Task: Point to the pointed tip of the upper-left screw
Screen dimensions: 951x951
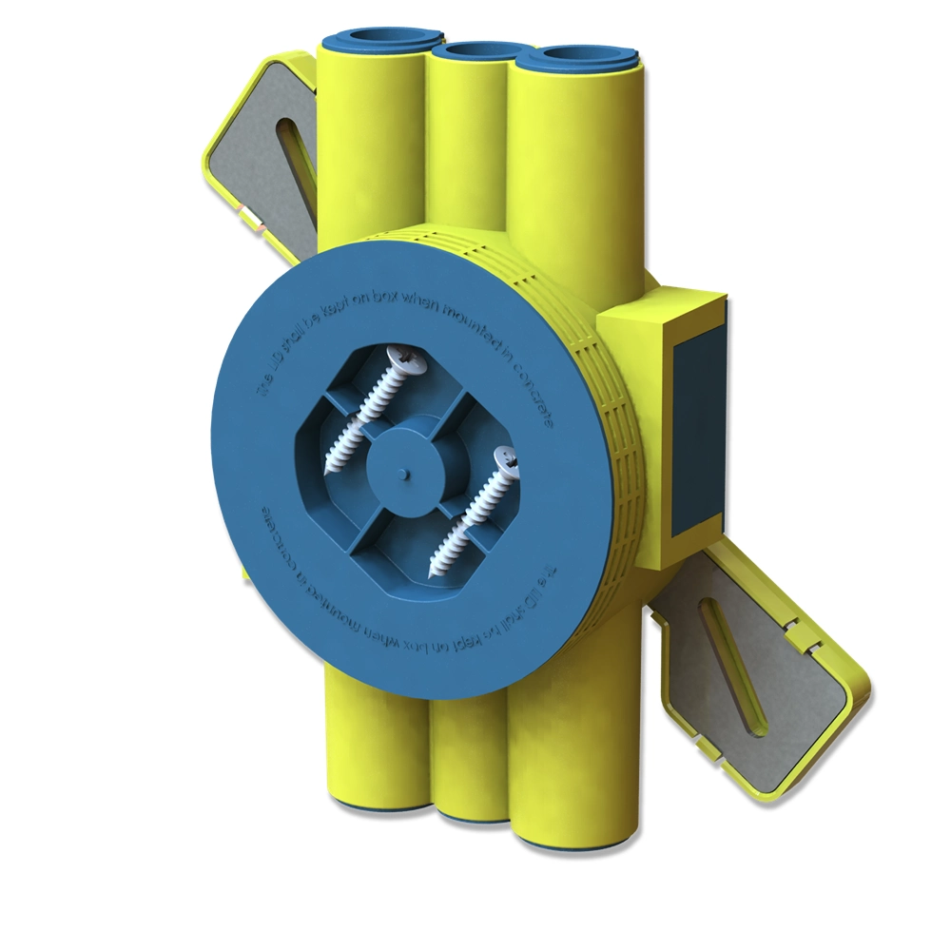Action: click(x=331, y=472)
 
